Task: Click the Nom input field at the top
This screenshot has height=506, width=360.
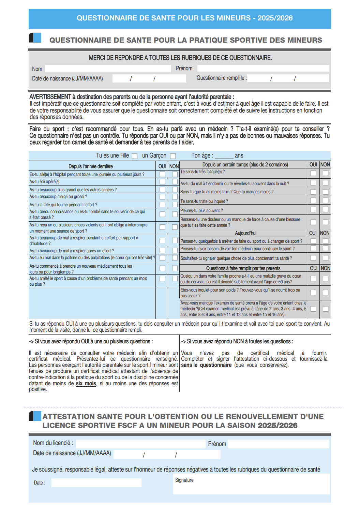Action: (x=108, y=69)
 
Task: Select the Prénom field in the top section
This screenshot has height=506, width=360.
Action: (x=263, y=68)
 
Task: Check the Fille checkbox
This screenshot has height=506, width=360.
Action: (x=135, y=156)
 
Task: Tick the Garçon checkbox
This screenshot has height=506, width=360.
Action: (x=173, y=156)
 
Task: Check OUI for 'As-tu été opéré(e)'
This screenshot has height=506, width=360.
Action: (x=163, y=182)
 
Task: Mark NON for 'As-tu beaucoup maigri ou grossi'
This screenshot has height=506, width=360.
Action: (x=175, y=197)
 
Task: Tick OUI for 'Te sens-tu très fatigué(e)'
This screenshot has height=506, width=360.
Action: (x=313, y=173)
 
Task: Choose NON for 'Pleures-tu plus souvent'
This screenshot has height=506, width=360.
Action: (x=326, y=209)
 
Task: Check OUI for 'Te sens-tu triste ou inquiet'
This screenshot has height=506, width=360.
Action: (x=313, y=200)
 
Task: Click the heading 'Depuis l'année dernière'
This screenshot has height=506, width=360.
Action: (x=91, y=166)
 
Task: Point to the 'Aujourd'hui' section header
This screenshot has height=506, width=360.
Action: (x=245, y=233)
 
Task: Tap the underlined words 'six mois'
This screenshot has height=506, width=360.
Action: (x=86, y=384)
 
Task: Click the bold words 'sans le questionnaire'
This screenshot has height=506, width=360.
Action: (x=206, y=365)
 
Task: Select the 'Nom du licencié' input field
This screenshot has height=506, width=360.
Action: (x=140, y=443)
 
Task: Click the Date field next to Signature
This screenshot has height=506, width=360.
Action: (x=96, y=483)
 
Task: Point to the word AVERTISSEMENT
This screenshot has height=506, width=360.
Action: (x=50, y=97)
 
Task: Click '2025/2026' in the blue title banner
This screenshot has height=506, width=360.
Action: (x=275, y=18)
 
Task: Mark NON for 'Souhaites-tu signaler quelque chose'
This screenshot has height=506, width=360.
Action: (x=326, y=258)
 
